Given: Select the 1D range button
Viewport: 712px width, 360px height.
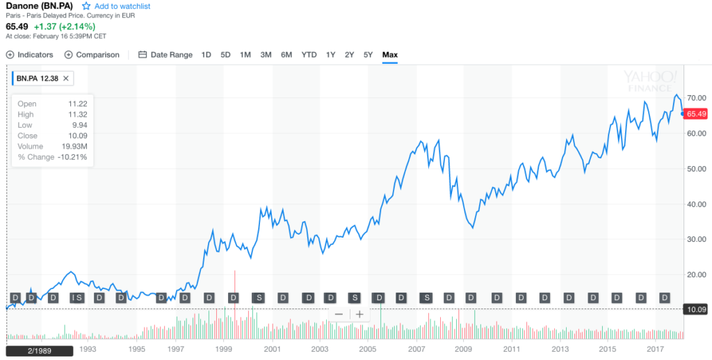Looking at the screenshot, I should [207, 55].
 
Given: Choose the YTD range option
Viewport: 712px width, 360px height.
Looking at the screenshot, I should [309, 55].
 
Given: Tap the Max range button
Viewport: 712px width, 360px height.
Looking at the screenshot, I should [390, 55].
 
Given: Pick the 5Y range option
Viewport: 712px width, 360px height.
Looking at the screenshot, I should [369, 55].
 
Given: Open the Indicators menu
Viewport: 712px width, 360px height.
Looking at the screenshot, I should [30, 55].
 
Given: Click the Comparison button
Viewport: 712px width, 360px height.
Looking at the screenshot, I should [92, 55].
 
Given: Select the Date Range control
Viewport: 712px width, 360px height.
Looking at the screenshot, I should [165, 55].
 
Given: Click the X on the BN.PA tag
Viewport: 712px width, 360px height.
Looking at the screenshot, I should [66, 79].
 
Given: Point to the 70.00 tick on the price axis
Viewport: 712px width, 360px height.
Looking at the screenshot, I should [696, 98].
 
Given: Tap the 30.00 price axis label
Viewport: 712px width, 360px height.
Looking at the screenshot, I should [696, 239].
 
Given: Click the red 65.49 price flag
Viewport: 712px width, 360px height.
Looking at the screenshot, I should [696, 114].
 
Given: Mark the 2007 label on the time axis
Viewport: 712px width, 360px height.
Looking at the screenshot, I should [416, 349].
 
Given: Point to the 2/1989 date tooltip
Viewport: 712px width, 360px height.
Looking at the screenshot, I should [40, 351].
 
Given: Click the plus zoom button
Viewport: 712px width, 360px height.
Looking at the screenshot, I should [359, 314].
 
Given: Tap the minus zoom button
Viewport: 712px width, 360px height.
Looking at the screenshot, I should [339, 314].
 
